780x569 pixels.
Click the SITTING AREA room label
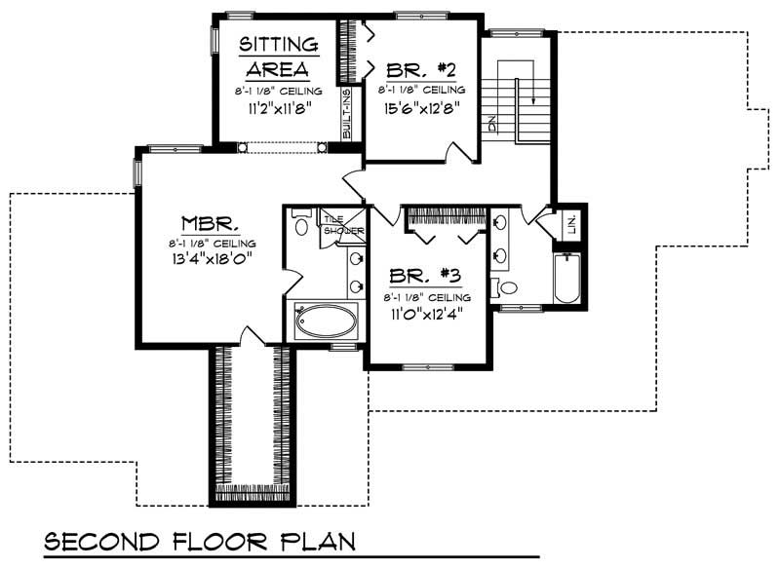(278, 57)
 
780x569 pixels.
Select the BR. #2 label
(421, 69)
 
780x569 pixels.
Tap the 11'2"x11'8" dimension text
(278, 107)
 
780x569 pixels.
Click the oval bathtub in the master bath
(326, 321)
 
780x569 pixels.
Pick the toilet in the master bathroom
(301, 227)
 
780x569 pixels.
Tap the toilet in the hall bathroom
(508, 286)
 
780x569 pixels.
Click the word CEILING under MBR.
(232, 242)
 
